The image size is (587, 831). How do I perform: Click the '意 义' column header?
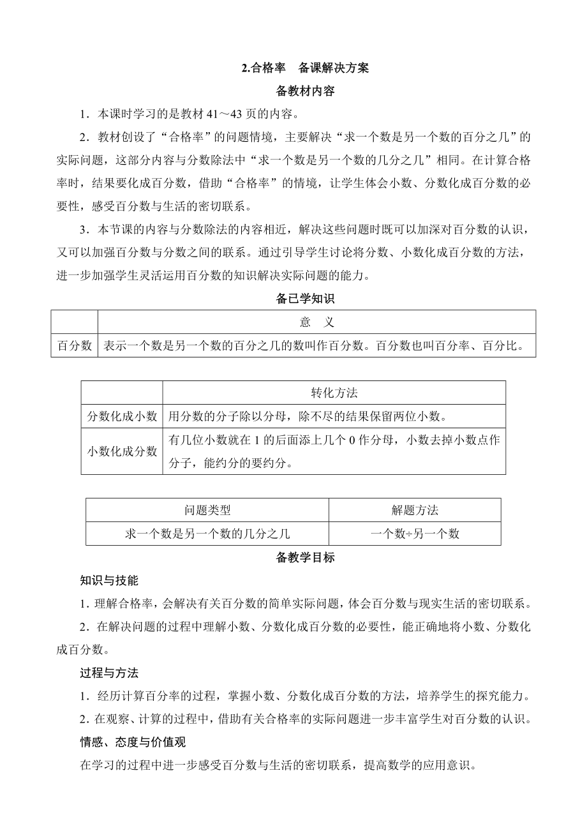316,322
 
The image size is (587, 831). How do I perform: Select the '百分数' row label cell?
75,346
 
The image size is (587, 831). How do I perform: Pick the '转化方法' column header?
334,393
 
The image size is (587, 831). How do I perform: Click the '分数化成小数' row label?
122,417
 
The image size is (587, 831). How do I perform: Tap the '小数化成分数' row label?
122,451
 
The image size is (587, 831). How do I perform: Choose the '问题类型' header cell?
207,510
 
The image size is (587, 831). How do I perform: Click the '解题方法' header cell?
415,510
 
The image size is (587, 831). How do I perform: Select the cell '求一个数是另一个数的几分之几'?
207,534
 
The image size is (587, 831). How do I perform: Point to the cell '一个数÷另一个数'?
415,534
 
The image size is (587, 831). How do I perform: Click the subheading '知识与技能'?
109,581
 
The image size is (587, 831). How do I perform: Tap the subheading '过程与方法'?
109,673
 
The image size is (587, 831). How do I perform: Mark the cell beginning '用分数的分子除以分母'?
306,417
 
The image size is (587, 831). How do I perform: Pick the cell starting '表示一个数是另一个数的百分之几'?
315,346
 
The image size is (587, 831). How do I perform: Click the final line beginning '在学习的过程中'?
278,765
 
